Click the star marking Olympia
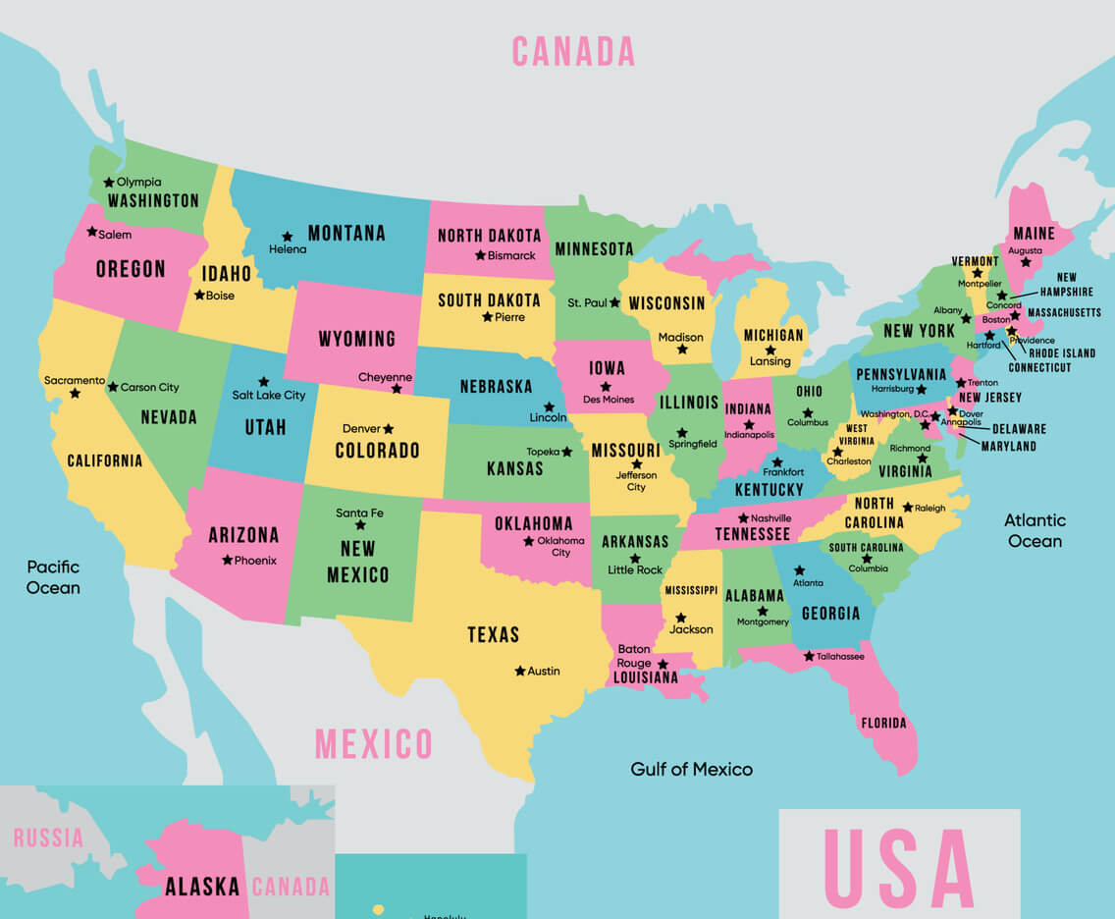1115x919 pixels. pyautogui.click(x=109, y=182)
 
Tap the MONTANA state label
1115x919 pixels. pyautogui.click(x=346, y=234)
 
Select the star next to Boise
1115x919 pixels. pyautogui.click(x=199, y=295)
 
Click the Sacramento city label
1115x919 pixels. pyautogui.click(x=74, y=380)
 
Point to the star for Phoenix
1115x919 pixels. pyautogui.click(x=227, y=560)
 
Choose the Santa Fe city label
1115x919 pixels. pyautogui.click(x=359, y=513)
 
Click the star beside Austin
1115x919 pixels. pyautogui.click(x=519, y=671)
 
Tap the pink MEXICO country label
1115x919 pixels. pyautogui.click(x=373, y=744)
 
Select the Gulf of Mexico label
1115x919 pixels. pyautogui.click(x=691, y=769)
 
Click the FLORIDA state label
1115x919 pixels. pyautogui.click(x=883, y=724)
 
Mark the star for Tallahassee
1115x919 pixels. pyautogui.click(x=809, y=656)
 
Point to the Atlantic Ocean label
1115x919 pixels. pyautogui.click(x=1035, y=530)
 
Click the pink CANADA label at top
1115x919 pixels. pyautogui.click(x=573, y=51)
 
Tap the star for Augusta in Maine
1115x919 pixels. pyautogui.click(x=1026, y=262)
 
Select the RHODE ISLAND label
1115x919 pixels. pyautogui.click(x=1062, y=353)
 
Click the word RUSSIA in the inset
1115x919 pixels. pyautogui.click(x=48, y=838)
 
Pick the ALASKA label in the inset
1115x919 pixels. pyautogui.click(x=202, y=887)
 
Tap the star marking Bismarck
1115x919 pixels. pyautogui.click(x=480, y=255)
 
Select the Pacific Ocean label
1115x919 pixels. pyautogui.click(x=53, y=577)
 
